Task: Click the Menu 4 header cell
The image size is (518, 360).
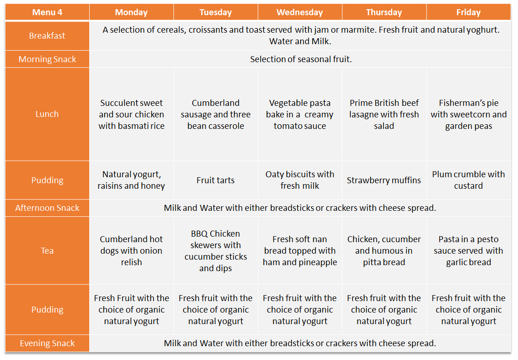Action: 47,12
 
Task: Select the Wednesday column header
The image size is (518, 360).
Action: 299,12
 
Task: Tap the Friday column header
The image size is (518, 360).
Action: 468,12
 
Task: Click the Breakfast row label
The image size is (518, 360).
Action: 47,36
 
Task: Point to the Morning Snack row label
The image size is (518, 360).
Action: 47,59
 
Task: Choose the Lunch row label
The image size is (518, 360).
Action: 47,114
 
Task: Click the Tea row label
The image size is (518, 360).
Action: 47,250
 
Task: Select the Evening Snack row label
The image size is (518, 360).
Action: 47,343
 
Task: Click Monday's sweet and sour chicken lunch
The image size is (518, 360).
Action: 132,114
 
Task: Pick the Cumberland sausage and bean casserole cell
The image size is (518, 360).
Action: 216,114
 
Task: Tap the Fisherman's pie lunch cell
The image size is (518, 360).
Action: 468,114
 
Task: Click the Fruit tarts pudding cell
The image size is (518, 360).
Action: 216,180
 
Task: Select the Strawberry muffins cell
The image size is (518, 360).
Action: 384,180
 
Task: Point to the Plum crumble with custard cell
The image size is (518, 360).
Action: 468,180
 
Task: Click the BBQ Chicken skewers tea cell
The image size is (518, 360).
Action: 216,251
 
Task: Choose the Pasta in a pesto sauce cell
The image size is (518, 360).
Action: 468,250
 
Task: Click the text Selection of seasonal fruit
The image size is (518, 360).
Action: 301,59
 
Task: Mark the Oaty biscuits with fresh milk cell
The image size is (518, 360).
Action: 299,180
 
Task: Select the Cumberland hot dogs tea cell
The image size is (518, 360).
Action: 132,250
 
